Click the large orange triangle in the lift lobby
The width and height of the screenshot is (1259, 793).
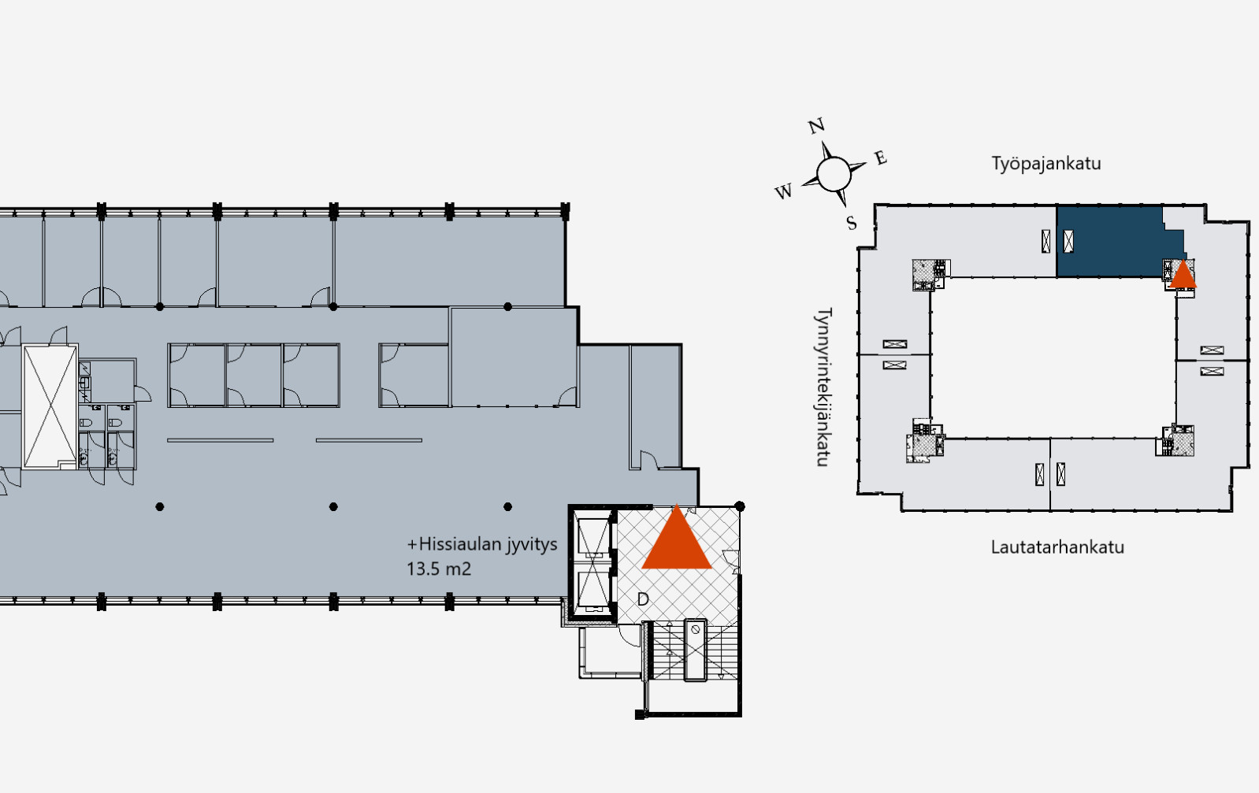677,542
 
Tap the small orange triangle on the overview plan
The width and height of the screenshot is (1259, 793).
1183,275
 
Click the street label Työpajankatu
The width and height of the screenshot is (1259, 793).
1046,164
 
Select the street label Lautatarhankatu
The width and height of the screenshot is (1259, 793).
1057,547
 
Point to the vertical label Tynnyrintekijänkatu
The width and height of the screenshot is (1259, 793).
823,387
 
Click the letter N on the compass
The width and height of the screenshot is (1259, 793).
816,126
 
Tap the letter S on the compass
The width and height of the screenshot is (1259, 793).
852,224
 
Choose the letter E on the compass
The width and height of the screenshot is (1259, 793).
880,157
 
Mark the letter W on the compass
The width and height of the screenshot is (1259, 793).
783,191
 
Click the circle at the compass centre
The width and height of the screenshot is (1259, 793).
834,174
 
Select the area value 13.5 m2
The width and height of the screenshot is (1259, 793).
438,569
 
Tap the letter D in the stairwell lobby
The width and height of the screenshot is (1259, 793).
643,599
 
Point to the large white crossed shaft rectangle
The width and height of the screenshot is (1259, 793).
50,406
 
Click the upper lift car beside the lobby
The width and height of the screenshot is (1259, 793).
593,538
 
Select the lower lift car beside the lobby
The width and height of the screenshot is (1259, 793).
593,590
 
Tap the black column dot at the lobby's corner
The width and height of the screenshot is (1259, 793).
740,506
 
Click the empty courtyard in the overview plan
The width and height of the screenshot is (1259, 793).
1053,358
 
